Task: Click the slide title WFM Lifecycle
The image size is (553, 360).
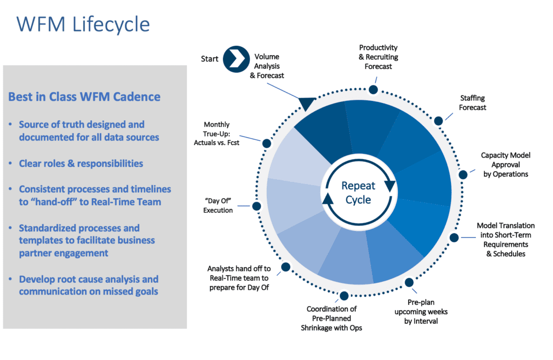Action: (83, 24)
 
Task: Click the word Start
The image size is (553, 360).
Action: (210, 58)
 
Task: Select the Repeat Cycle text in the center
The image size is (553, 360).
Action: (359, 193)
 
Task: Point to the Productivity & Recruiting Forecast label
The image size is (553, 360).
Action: (379, 57)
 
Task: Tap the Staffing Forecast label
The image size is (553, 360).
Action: (473, 103)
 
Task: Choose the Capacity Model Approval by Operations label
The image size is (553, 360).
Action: (505, 165)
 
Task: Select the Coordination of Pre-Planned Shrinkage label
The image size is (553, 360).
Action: (332, 318)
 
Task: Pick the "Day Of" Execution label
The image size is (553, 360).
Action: (218, 206)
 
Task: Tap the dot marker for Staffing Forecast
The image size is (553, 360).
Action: (439, 121)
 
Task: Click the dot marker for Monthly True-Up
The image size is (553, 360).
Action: (266, 144)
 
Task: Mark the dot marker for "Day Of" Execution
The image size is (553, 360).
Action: (257, 206)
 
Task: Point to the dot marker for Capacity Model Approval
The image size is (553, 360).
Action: (463, 174)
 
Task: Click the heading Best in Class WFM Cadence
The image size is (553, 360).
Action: (84, 97)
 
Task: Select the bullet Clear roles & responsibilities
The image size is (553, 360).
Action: (81, 163)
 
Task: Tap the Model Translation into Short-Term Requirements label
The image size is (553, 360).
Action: (505, 239)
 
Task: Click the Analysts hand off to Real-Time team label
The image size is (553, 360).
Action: (238, 278)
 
